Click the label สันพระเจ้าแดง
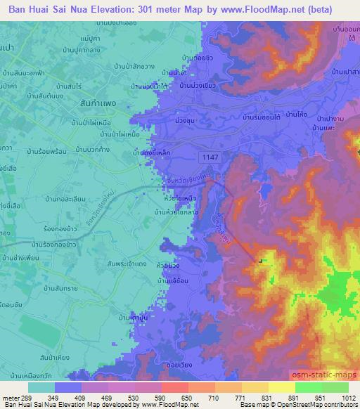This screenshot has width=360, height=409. pyautogui.click(x=127, y=262)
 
